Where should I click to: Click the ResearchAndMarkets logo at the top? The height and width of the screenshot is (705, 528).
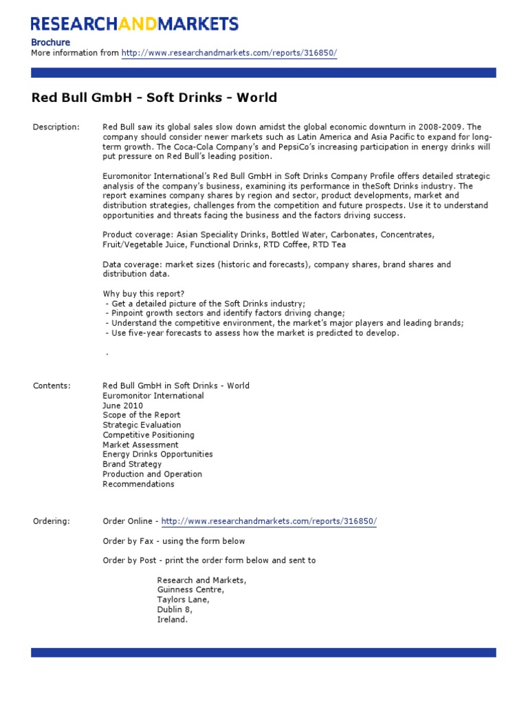(x=135, y=24)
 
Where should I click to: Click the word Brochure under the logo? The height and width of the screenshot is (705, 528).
(x=51, y=43)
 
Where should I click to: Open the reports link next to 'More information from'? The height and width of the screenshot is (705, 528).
(x=229, y=53)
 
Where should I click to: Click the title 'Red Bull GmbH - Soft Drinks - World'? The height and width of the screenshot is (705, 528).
(x=154, y=98)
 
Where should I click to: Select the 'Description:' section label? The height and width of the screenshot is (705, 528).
(x=56, y=127)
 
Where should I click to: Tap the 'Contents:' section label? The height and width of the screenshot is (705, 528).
(x=52, y=386)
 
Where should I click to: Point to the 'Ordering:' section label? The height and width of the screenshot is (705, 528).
(x=52, y=521)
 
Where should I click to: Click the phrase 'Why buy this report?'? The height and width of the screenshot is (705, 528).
(x=144, y=294)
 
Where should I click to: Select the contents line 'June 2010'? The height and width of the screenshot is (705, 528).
(x=123, y=406)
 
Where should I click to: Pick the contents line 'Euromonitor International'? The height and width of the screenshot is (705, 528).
(x=153, y=396)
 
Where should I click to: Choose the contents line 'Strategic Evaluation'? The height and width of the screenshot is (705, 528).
(x=142, y=425)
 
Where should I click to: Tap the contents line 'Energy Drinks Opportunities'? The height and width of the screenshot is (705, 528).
(x=157, y=454)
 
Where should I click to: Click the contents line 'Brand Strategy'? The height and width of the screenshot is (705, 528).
(x=132, y=464)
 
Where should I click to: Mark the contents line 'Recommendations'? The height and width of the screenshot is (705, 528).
(x=138, y=484)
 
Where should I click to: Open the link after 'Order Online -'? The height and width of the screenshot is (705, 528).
(x=269, y=521)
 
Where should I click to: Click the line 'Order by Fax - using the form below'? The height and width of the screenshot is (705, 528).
(x=174, y=541)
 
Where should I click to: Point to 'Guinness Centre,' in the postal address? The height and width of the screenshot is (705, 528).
(x=190, y=590)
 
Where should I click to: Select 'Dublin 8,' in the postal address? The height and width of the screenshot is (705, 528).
(x=175, y=610)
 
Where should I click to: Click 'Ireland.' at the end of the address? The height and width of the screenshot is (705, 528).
(x=172, y=620)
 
